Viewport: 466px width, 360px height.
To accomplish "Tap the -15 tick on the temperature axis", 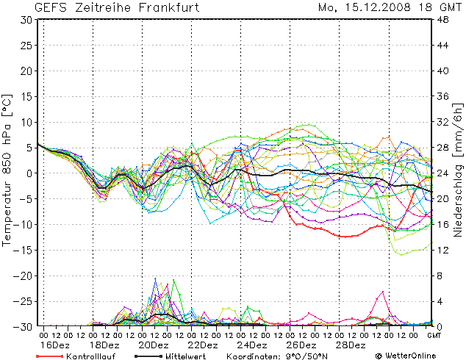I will (25, 250).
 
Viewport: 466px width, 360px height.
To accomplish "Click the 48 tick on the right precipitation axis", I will (443, 20).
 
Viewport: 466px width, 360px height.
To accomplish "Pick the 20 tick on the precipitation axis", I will (443, 199).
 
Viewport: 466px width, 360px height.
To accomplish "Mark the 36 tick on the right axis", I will (443, 96).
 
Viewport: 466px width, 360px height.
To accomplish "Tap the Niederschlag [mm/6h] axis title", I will (458, 173).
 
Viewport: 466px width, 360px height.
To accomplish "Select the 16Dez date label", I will (55, 345).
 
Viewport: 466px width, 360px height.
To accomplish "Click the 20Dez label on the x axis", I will (154, 345).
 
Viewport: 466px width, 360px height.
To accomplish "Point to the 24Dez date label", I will (252, 345).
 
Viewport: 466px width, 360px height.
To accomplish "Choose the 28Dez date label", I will (351, 345).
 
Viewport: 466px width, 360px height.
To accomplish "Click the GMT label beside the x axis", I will (435, 335).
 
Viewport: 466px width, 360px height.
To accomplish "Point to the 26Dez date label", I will (301, 345).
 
